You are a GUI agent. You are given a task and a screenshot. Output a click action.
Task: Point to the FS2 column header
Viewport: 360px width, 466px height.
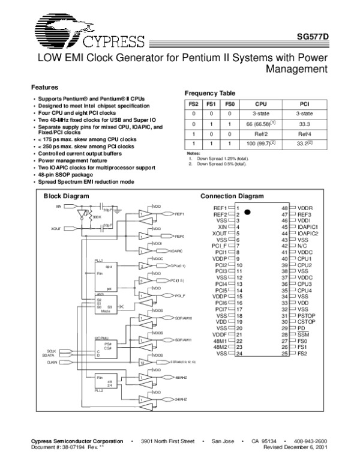pyautogui.click(x=193, y=104)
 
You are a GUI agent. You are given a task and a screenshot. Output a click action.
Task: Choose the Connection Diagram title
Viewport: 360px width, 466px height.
pyautogui.click(x=232, y=196)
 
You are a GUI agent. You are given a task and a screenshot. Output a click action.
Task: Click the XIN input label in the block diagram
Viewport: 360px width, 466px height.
pyautogui.click(x=58, y=206)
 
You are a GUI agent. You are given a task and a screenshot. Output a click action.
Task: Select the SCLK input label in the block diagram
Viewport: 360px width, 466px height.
pyautogui.click(x=52, y=350)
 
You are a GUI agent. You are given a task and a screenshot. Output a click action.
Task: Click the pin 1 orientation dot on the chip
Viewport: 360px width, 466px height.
pyautogui.click(x=247, y=212)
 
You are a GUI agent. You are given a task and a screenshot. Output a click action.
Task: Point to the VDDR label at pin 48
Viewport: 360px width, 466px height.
pyautogui.click(x=306, y=207)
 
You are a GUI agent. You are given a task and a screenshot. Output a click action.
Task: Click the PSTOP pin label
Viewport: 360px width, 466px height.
pyautogui.click(x=307, y=315)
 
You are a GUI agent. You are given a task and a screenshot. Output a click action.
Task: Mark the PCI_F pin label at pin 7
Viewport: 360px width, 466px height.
pyautogui.click(x=218, y=246)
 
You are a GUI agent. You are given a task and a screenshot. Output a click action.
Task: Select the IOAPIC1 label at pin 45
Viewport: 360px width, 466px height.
pyautogui.click(x=310, y=226)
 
